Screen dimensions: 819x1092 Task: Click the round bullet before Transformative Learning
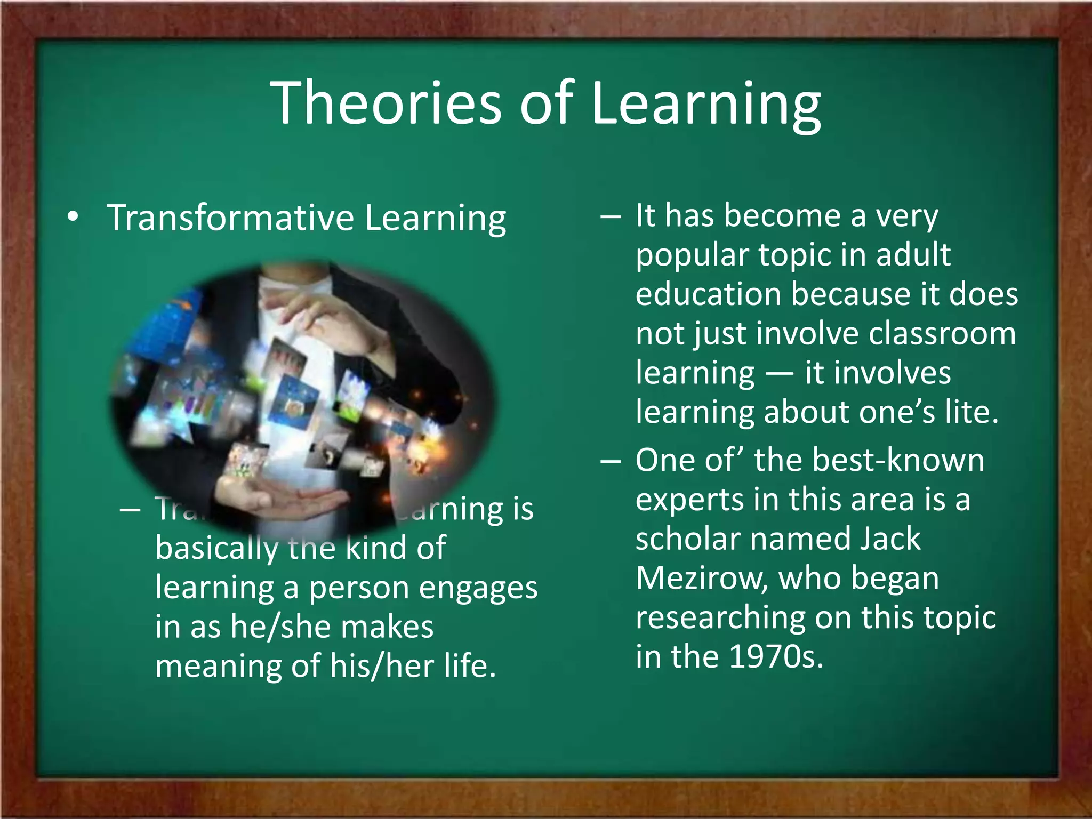coord(73,217)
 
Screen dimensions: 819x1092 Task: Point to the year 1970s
coord(776,656)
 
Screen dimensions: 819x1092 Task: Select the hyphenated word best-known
coord(895,460)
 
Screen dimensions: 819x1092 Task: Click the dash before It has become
coord(611,218)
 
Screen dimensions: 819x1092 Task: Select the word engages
coord(478,588)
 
